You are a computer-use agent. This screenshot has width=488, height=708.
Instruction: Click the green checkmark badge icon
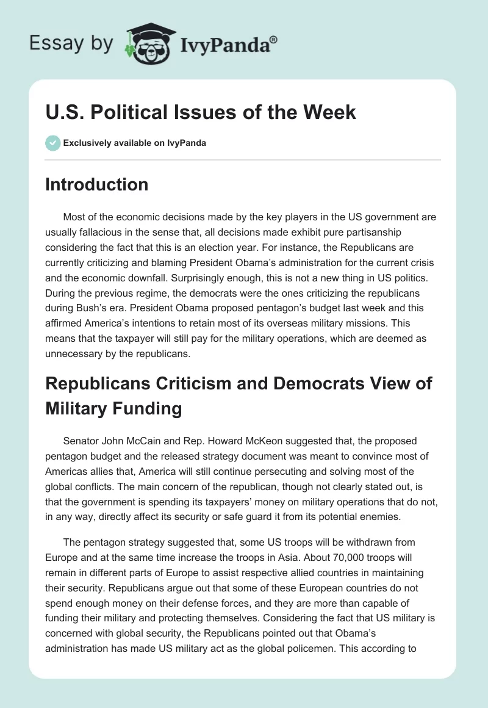click(52, 143)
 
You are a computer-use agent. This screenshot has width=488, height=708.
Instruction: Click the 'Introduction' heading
click(96, 184)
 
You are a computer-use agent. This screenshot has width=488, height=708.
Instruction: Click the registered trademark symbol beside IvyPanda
click(274, 40)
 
